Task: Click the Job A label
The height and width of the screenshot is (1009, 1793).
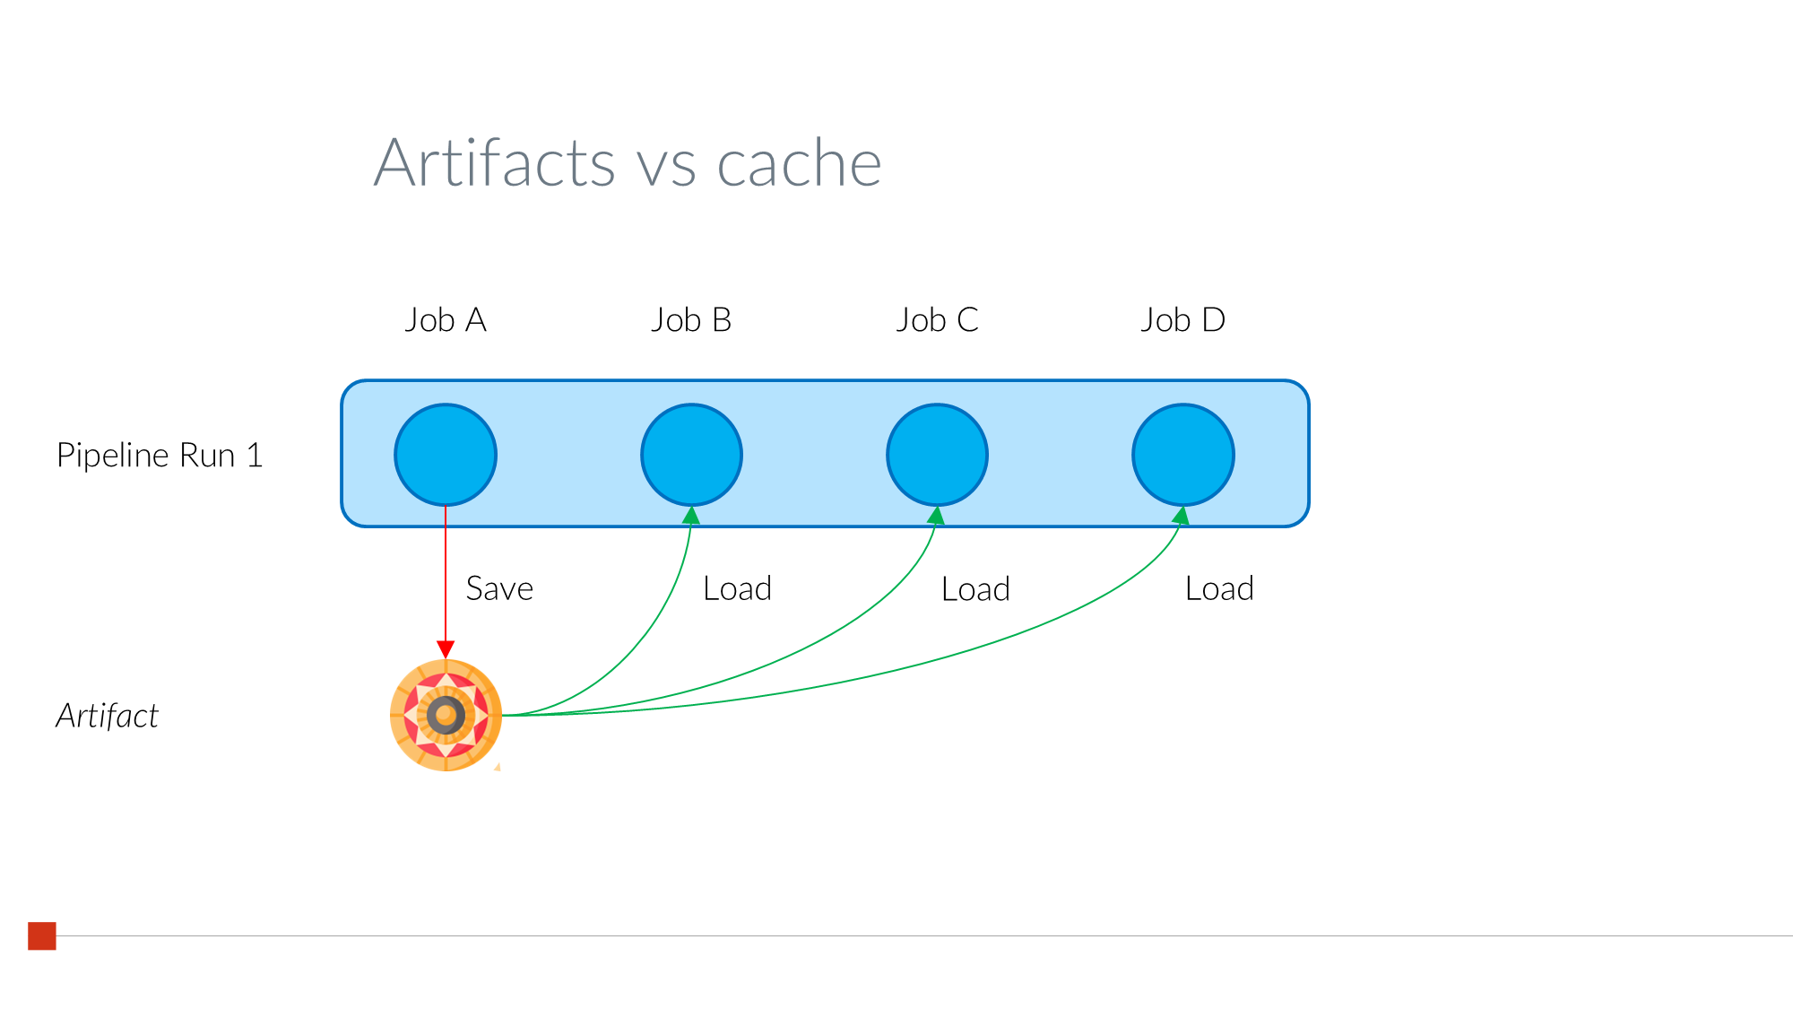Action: (446, 320)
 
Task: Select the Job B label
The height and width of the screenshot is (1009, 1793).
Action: (691, 320)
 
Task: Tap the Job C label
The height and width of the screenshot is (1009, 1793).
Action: (937, 320)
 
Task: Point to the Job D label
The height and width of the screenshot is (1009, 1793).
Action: (1182, 320)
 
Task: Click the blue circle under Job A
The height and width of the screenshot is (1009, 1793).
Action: (446, 455)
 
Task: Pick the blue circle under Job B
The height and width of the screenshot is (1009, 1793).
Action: (691, 455)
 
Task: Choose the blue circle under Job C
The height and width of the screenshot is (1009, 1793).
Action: (937, 455)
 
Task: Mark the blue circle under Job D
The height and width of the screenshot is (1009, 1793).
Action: (1183, 455)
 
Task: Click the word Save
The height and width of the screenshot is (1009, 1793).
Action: (499, 589)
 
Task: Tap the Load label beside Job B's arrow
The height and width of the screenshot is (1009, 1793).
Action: (737, 589)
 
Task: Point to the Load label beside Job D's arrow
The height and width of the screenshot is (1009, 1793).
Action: (1219, 589)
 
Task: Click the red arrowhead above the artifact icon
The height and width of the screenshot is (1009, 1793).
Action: (446, 649)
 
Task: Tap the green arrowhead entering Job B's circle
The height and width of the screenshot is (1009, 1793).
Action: (691, 516)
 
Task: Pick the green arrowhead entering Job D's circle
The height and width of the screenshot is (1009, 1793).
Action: (1182, 516)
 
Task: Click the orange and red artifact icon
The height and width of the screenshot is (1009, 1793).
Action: (446, 715)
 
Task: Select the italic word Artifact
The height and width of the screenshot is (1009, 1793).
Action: (108, 717)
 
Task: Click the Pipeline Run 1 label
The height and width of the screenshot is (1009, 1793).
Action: (160, 456)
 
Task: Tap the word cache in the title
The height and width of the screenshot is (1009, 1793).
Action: (799, 163)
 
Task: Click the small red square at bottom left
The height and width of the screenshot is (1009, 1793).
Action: (42, 935)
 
